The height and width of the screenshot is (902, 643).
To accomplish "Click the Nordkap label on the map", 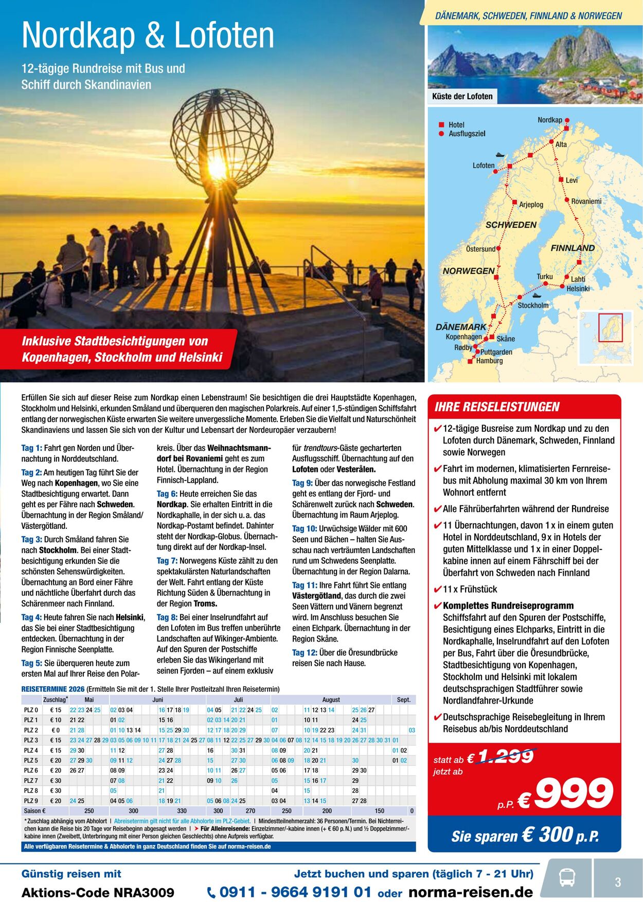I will [x=550, y=120].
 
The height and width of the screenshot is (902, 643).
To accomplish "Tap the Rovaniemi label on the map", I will [x=586, y=201].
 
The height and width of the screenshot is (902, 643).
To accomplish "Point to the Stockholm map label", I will [x=533, y=305].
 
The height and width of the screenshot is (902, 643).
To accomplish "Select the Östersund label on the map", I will [x=480, y=249].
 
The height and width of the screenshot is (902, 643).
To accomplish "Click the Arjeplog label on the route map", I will [x=531, y=205].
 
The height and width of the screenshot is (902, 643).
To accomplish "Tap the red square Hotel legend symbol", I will [x=441, y=125].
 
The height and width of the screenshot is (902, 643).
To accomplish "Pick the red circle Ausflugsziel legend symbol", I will [x=441, y=134].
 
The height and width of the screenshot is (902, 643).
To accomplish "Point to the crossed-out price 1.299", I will [x=506, y=757].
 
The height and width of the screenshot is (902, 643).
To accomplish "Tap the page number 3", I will [x=618, y=882].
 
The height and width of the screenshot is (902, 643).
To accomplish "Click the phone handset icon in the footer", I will [x=211, y=893].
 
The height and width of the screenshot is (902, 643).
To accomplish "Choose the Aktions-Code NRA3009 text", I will [x=98, y=893].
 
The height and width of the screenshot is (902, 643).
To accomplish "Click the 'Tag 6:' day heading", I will [x=167, y=494].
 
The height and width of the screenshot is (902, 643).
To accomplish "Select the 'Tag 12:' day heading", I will [x=305, y=653].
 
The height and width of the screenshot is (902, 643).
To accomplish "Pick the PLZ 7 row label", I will [x=31, y=781].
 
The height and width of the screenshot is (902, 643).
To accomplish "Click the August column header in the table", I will [x=331, y=699].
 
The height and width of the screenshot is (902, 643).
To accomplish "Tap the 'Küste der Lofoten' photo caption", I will [x=462, y=96].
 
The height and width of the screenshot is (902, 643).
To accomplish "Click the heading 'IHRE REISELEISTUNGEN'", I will [x=497, y=407].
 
